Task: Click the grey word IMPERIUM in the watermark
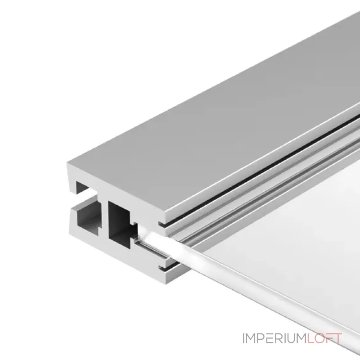coord(275,338)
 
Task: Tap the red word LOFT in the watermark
coord(324,338)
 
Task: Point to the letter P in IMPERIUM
coord(261,338)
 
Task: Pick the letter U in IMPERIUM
coord(292,338)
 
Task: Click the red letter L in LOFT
coord(310,338)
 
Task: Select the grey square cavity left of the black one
coord(88,220)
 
